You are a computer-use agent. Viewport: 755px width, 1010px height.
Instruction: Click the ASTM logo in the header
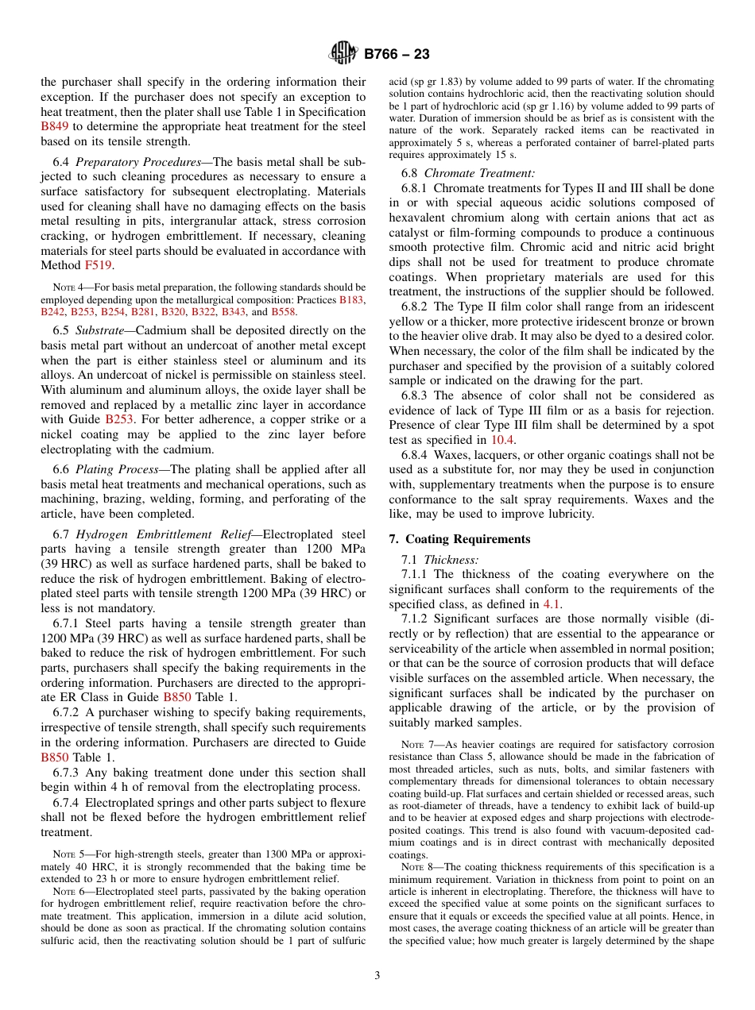pos(343,54)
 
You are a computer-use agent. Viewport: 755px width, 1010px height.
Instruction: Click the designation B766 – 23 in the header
pos(397,54)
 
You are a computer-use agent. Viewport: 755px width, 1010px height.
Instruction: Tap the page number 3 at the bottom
pos(377,976)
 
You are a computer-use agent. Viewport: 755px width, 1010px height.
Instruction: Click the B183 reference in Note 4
pos(352,300)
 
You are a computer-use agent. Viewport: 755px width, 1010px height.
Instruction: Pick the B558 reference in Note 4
pos(284,313)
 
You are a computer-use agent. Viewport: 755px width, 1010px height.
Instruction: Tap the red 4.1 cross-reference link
pos(552,604)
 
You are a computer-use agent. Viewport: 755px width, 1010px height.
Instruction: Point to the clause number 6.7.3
pos(68,773)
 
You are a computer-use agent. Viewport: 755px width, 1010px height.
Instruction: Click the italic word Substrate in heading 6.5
pos(100,330)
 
